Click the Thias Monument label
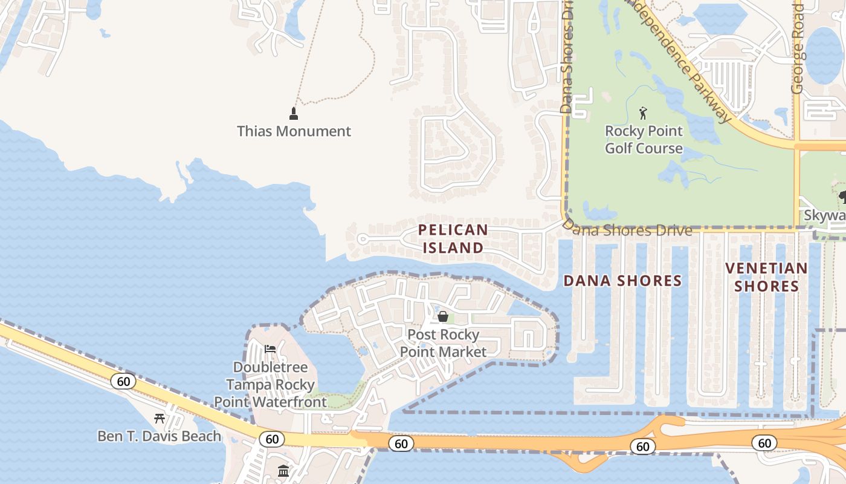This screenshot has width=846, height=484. pos(294,131)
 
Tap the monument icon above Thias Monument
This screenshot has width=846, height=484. pos(294,113)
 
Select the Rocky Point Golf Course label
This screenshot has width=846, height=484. pos(644,140)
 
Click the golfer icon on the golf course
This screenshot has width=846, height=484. pos(643,113)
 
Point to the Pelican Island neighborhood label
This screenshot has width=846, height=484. pos(453,238)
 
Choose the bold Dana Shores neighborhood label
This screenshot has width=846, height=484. pos(622,281)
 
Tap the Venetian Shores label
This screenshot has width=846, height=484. pos(767,276)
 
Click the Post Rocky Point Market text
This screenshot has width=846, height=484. pos(443,343)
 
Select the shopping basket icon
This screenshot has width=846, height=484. pos(443,316)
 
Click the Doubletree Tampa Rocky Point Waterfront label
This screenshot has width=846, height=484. pos(270,384)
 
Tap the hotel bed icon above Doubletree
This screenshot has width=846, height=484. pos(270,349)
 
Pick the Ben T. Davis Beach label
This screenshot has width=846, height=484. pos(160,436)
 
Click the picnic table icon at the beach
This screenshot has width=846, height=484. pos(160,418)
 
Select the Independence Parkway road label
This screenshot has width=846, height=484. pos(677,60)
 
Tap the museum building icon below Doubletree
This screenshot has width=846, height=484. pos(283,471)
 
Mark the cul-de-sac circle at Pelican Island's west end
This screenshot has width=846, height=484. pos(362,239)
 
